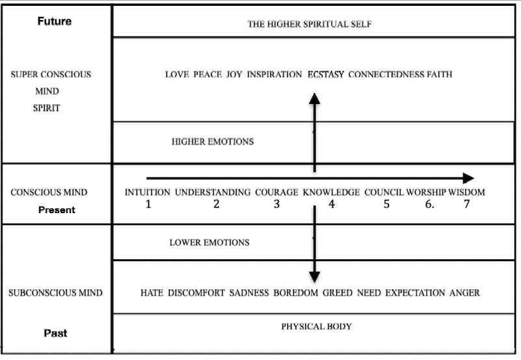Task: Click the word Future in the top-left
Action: (55, 21)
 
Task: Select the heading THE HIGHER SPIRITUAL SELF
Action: (309, 25)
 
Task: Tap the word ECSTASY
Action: (326, 75)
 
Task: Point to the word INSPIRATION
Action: (274, 75)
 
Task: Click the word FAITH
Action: (439, 75)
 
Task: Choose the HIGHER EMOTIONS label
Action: (212, 142)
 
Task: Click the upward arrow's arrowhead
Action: (314, 99)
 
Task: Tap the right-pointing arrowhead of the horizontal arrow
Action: (468, 178)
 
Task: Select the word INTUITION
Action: (147, 192)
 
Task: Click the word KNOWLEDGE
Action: (331, 192)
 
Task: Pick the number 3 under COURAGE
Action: (276, 205)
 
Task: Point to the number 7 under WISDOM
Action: (466, 205)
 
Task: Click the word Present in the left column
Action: (57, 210)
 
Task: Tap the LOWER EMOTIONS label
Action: (209, 243)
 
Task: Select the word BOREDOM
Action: (296, 293)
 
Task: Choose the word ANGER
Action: (464, 293)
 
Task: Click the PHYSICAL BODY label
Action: (316, 326)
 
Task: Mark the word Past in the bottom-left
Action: (55, 333)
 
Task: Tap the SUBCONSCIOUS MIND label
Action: (55, 293)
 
